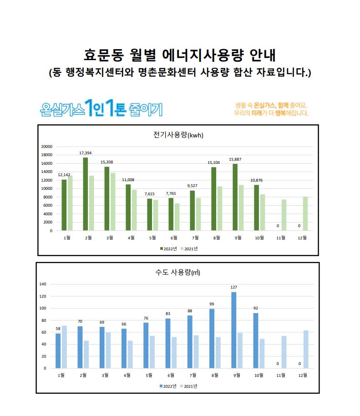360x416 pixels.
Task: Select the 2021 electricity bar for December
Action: pos(305,213)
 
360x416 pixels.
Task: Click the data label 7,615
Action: pos(149,194)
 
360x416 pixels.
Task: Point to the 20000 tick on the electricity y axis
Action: pos(47,147)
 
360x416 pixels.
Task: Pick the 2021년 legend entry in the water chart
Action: pos(188,386)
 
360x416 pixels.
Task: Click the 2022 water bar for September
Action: pos(234,330)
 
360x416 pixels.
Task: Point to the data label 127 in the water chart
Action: pos(234,287)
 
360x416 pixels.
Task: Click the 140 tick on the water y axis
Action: pos(43,284)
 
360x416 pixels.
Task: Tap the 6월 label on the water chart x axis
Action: pos(171,375)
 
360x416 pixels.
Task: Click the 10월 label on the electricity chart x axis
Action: pos(260,238)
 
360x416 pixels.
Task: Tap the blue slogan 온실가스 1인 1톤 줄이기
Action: pos(101,108)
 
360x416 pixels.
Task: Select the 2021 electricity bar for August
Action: pos(219,208)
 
